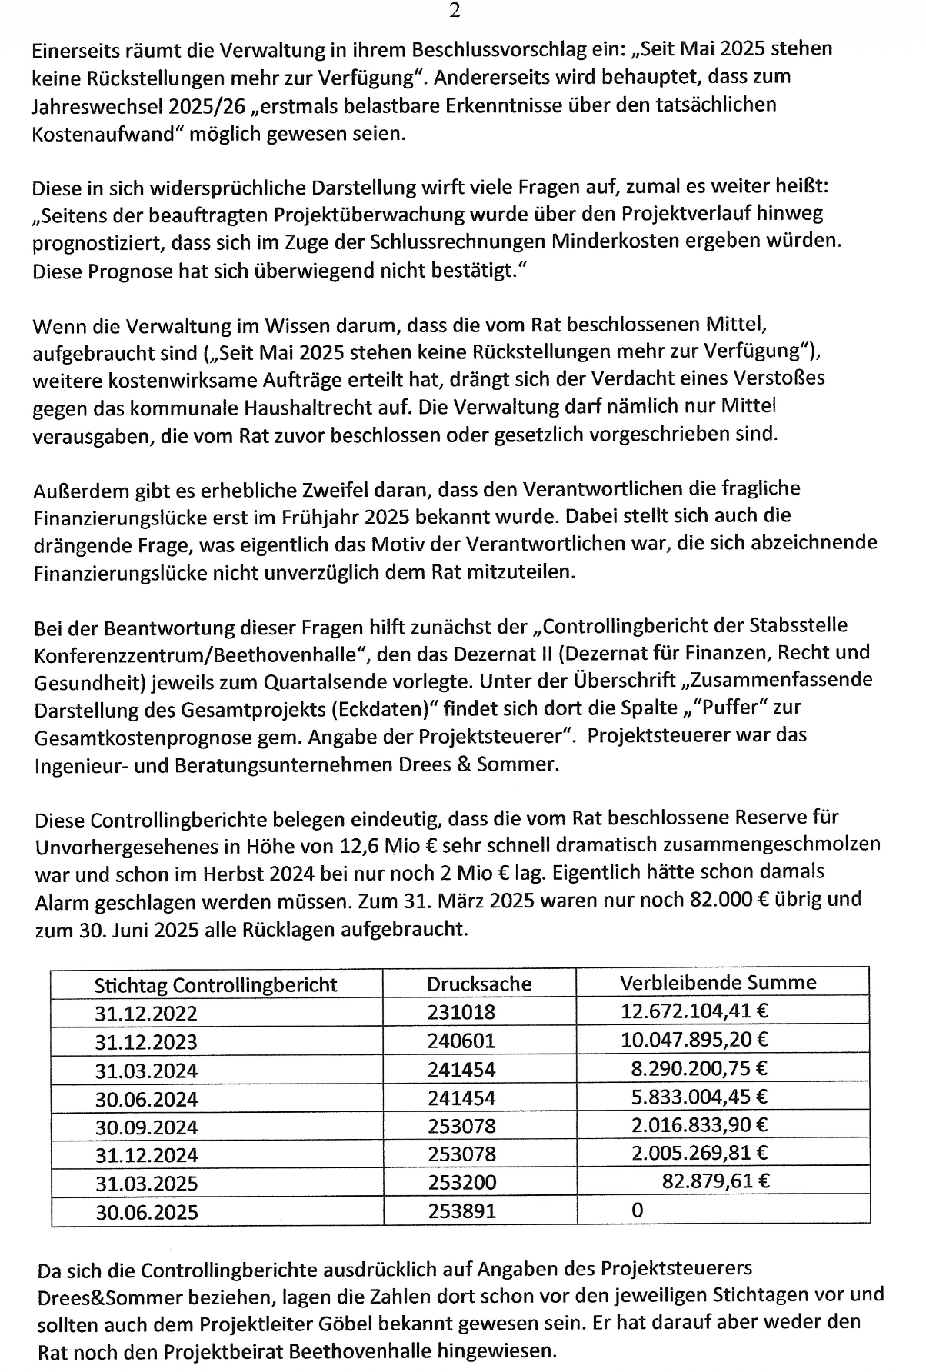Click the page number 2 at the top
[x=455, y=11]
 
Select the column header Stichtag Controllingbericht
[x=215, y=985]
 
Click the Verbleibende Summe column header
[x=718, y=982]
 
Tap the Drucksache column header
[x=479, y=984]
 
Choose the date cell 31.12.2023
[x=146, y=1042]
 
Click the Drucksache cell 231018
[x=461, y=1013]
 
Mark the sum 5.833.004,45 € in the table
[x=699, y=1097]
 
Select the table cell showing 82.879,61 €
[x=715, y=1181]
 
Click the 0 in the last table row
[x=637, y=1210]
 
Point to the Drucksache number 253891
[x=461, y=1211]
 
